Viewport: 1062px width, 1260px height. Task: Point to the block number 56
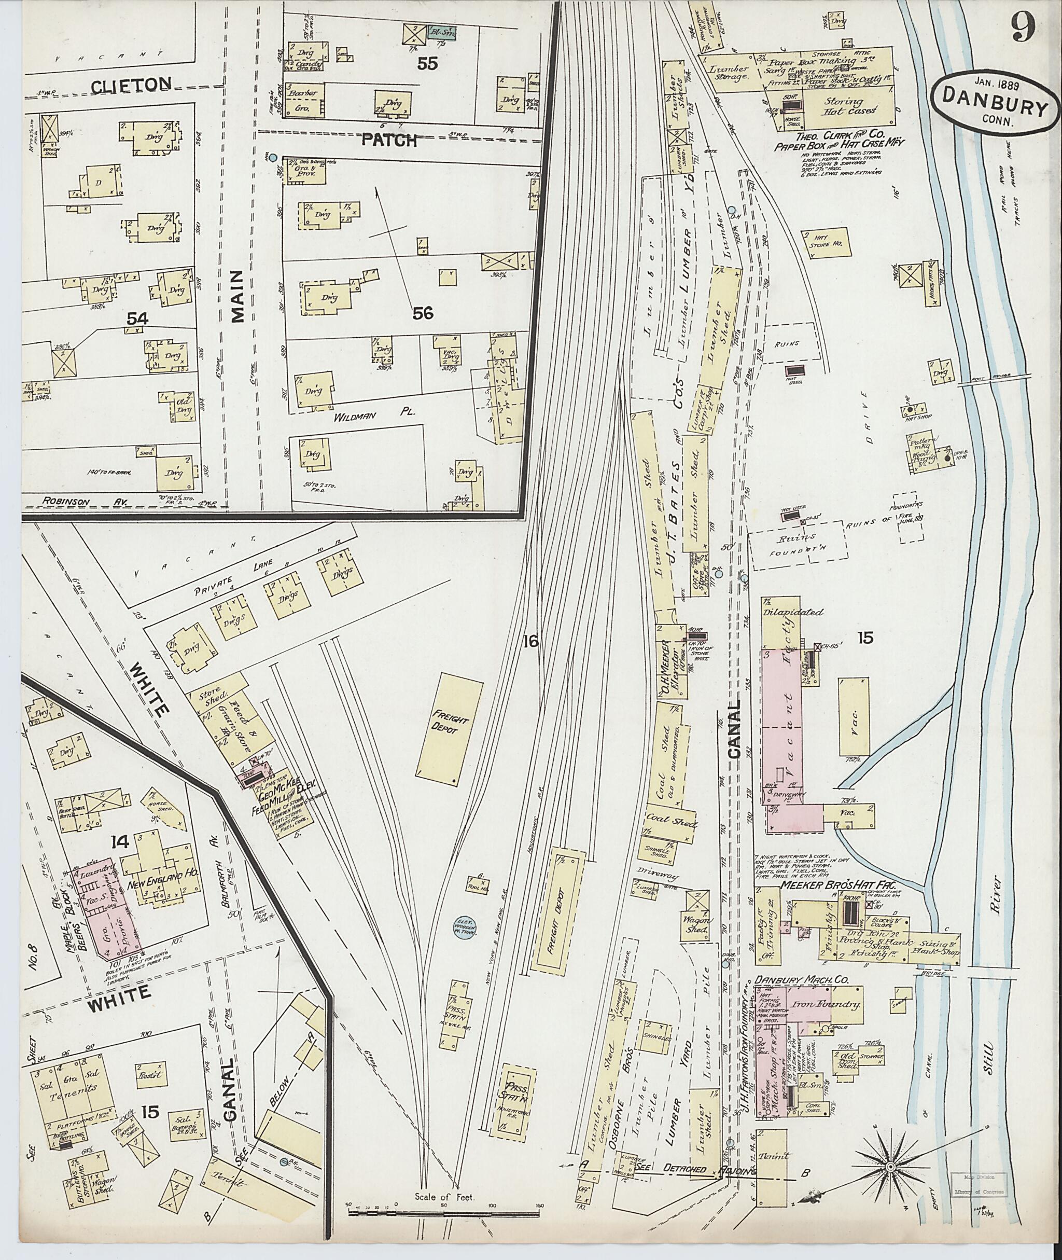coord(423,313)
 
